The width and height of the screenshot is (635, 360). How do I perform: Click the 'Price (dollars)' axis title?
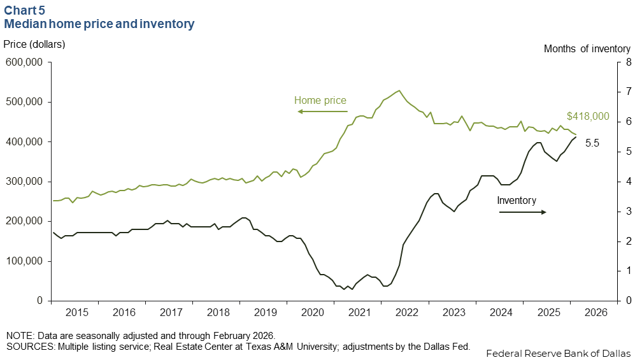[x=34, y=44]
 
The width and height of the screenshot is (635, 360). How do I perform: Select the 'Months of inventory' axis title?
[x=587, y=48]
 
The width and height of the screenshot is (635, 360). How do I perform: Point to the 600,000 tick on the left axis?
[x=24, y=62]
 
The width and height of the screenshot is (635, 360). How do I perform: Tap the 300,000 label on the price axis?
[x=24, y=182]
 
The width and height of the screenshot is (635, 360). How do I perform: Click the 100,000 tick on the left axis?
[x=24, y=261]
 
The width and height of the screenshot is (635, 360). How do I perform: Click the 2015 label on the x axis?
[x=76, y=313]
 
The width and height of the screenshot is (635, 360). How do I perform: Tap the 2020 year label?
[x=313, y=313]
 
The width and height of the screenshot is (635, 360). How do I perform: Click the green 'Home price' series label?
[x=320, y=100]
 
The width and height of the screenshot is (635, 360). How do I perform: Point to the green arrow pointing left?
[x=322, y=112]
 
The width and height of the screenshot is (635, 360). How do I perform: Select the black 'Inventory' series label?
[x=517, y=200]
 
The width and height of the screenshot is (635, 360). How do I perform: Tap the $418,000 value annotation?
[x=588, y=117]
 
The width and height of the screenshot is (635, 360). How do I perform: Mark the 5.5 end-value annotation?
[x=592, y=143]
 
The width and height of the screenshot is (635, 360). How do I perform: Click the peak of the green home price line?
[x=399, y=90]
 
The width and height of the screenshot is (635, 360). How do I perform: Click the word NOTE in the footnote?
[x=18, y=336]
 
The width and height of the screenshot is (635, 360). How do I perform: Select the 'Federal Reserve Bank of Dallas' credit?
[x=558, y=353]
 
